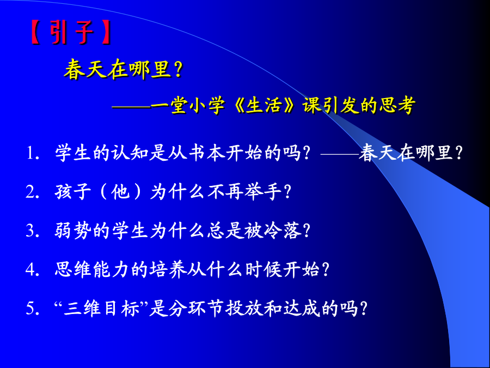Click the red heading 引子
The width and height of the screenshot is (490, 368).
click(72, 32)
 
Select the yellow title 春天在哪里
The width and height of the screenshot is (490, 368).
click(118, 69)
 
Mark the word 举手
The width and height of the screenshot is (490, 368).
click(264, 192)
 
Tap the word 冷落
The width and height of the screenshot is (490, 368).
click(283, 231)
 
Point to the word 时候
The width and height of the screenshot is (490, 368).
click(264, 269)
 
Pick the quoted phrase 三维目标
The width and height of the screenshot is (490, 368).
click(102, 308)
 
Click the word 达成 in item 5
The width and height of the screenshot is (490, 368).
click(302, 308)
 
